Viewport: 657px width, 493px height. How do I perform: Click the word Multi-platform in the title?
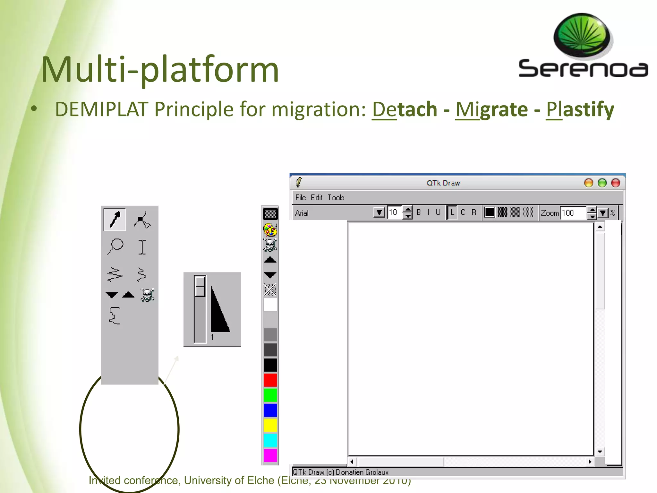point(160,70)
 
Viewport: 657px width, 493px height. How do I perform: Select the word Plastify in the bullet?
point(580,109)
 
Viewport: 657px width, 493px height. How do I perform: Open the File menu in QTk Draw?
point(300,197)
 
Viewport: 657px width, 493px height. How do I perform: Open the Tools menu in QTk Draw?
point(336,197)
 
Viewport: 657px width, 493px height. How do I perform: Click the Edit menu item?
point(316,197)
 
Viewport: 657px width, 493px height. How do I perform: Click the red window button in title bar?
point(615,183)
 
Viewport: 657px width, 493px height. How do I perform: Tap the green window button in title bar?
point(602,183)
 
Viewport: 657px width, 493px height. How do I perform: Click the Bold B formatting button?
point(419,212)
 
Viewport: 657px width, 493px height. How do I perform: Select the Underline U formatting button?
point(438,212)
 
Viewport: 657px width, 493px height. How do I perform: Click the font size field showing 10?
point(394,212)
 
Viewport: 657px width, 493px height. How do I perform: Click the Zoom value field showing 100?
point(573,213)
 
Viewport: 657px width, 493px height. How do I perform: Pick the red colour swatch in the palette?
point(270,380)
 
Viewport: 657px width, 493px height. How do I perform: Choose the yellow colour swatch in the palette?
point(270,425)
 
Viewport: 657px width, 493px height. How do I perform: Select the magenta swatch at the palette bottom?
point(270,455)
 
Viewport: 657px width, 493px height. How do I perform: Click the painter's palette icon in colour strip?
point(270,229)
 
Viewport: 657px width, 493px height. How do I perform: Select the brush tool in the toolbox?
point(115,220)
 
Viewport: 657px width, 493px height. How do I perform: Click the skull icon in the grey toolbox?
point(148,295)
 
